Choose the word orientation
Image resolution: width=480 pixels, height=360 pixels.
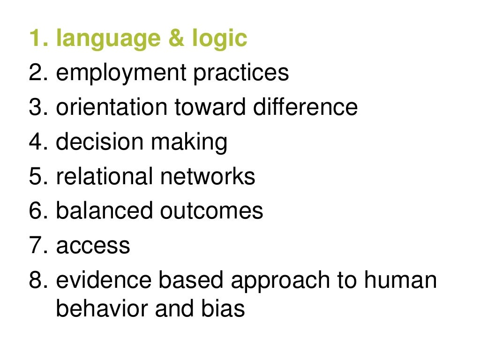point(112,107)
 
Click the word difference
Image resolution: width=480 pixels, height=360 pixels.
point(305,107)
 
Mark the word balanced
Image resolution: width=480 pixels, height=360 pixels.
point(105,211)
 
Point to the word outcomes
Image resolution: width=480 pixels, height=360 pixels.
point(211,211)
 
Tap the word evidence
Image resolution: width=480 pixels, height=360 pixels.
point(104,280)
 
